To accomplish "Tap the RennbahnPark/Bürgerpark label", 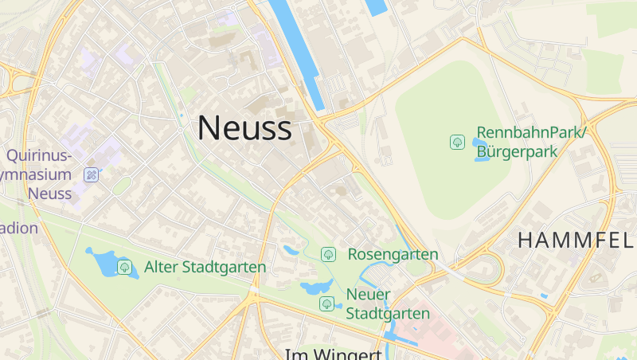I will click(531, 141).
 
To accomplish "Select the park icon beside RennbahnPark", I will click(458, 142).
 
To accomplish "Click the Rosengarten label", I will click(393, 254).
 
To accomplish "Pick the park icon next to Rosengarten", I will click(327, 254).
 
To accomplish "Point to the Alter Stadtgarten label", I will click(205, 267).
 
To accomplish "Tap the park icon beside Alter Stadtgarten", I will click(124, 267).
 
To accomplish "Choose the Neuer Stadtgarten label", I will click(388, 303).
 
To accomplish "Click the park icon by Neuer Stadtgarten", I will click(326, 303).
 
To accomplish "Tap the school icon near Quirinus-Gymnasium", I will click(91, 174).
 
